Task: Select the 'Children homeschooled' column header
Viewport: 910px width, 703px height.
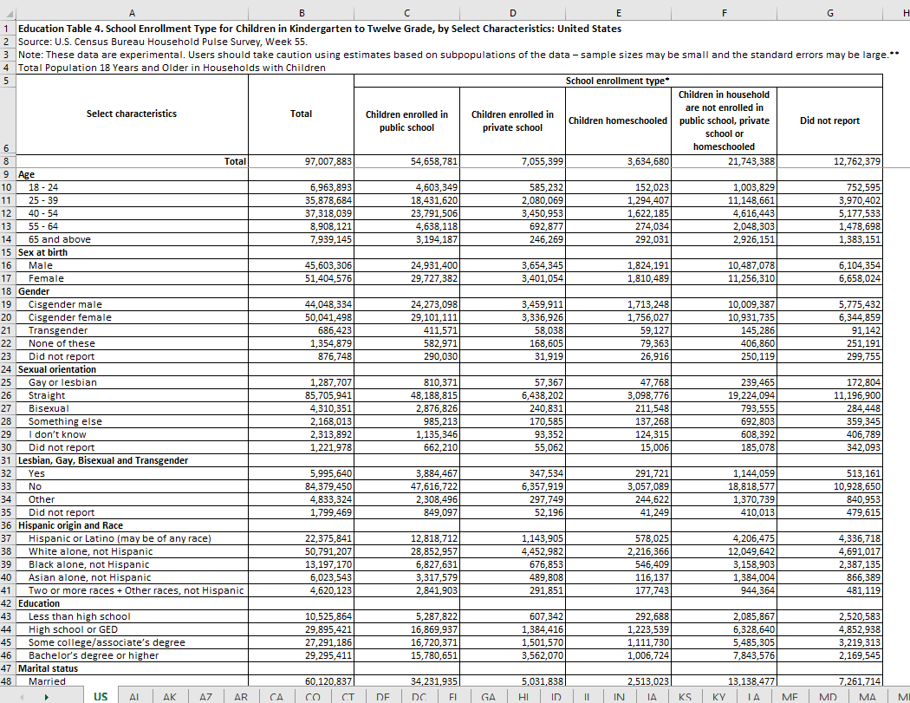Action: pyautogui.click(x=618, y=120)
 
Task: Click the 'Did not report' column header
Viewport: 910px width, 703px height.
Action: pyautogui.click(x=829, y=120)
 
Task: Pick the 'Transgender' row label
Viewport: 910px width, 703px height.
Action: pyautogui.click(x=58, y=330)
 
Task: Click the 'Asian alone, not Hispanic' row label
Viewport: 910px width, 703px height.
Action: pyautogui.click(x=90, y=577)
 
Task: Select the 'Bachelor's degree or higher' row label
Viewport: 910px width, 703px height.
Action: pyautogui.click(x=94, y=655)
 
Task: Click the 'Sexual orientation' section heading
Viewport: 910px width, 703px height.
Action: pyautogui.click(x=57, y=369)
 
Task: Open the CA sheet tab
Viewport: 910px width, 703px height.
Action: pyautogui.click(x=276, y=696)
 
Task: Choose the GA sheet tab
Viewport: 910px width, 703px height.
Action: pyautogui.click(x=489, y=696)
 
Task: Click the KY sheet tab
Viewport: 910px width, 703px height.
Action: pyautogui.click(x=718, y=696)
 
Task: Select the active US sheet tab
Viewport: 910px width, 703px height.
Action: pyautogui.click(x=101, y=696)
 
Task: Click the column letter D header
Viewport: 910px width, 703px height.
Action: pyautogui.click(x=513, y=11)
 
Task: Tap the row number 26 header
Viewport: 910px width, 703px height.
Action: pyautogui.click(x=7, y=395)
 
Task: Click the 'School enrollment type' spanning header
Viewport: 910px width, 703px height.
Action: pyautogui.click(x=618, y=81)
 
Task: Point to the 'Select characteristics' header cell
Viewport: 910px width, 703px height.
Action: pyautogui.click(x=132, y=114)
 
